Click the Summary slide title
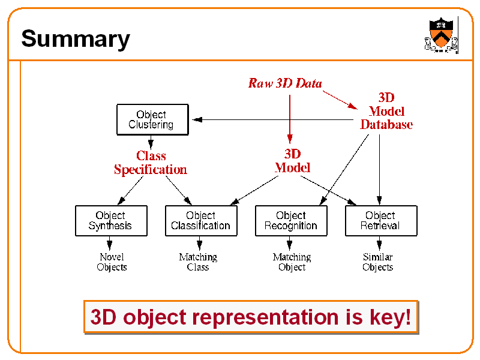(x=76, y=39)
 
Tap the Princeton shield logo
(x=441, y=35)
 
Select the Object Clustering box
(x=151, y=119)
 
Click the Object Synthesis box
(x=110, y=220)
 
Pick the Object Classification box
(x=200, y=220)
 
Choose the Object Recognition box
(x=291, y=220)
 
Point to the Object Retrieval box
(x=380, y=220)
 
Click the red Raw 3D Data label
(x=285, y=83)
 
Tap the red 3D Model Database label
(x=386, y=111)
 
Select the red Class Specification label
(x=151, y=163)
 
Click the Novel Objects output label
(x=112, y=262)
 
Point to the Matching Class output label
(x=198, y=262)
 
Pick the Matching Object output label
(x=292, y=262)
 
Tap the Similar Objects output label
(x=378, y=262)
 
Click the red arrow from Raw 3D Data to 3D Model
(x=290, y=117)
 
